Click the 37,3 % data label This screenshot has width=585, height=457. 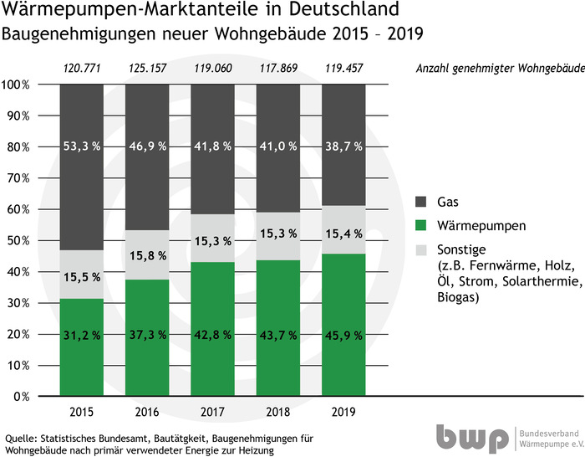point(148,335)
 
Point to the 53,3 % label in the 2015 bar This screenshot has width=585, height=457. point(82,146)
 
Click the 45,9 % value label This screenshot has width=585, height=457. point(345,335)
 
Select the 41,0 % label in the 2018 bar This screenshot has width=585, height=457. point(279,146)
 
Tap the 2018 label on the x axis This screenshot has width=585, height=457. point(279,412)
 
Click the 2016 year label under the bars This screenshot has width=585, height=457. point(148,412)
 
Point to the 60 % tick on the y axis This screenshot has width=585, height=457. point(16,209)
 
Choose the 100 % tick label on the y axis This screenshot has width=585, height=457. point(16,85)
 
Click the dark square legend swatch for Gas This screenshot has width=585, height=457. point(422,202)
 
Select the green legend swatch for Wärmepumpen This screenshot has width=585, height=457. point(422,225)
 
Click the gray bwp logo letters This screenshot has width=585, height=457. point(471,438)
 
